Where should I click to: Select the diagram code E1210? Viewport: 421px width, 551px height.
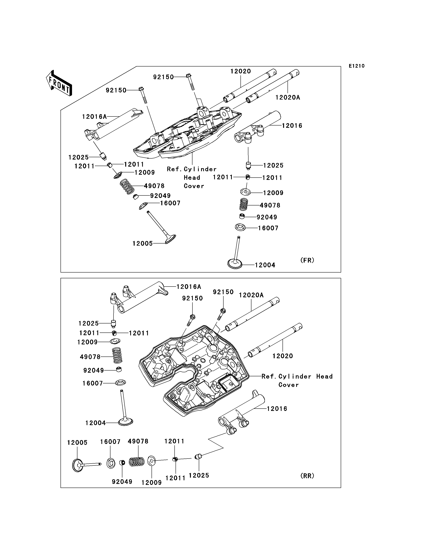click(357, 66)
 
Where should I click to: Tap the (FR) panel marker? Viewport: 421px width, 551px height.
click(307, 260)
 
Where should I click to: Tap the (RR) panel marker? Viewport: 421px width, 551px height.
click(307, 476)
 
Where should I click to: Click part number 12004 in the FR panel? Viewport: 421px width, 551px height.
click(265, 265)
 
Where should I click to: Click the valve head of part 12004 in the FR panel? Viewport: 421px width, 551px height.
click(235, 264)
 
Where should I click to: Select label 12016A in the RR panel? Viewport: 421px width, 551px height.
click(189, 287)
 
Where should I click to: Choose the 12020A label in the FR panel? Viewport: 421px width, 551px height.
click(288, 98)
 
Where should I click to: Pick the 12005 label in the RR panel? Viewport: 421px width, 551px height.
click(77, 443)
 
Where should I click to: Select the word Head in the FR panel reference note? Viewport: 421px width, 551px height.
click(192, 178)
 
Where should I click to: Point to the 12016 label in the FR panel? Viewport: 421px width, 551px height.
click(292, 126)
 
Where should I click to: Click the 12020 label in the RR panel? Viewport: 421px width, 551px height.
click(283, 356)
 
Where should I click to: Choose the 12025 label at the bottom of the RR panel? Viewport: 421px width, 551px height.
click(199, 475)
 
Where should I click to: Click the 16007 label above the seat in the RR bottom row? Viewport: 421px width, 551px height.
click(110, 442)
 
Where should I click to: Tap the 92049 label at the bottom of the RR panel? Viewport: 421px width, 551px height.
click(122, 482)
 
